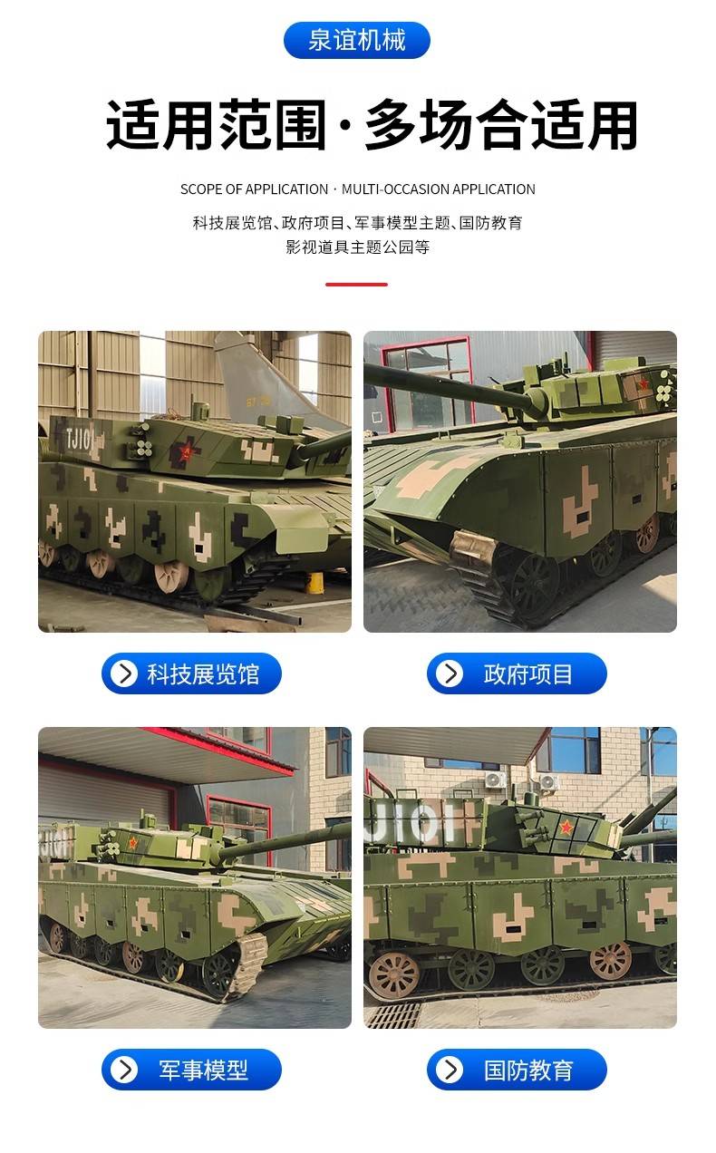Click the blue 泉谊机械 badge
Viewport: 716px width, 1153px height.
click(x=357, y=40)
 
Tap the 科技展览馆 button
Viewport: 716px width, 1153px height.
click(x=191, y=673)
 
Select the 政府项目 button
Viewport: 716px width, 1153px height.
click(x=517, y=673)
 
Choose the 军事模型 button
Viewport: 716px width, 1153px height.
click(x=191, y=1070)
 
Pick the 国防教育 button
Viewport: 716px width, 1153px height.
click(x=517, y=1070)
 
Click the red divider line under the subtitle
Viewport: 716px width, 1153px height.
click(x=356, y=284)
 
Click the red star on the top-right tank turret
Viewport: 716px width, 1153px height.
click(x=643, y=383)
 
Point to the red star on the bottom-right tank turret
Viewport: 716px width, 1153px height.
click(x=566, y=827)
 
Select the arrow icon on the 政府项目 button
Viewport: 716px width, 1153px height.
click(x=450, y=673)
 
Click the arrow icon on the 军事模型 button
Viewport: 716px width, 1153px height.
click(x=124, y=1070)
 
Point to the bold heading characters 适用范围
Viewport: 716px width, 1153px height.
click(x=217, y=125)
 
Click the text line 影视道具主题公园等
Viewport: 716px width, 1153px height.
click(x=358, y=247)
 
